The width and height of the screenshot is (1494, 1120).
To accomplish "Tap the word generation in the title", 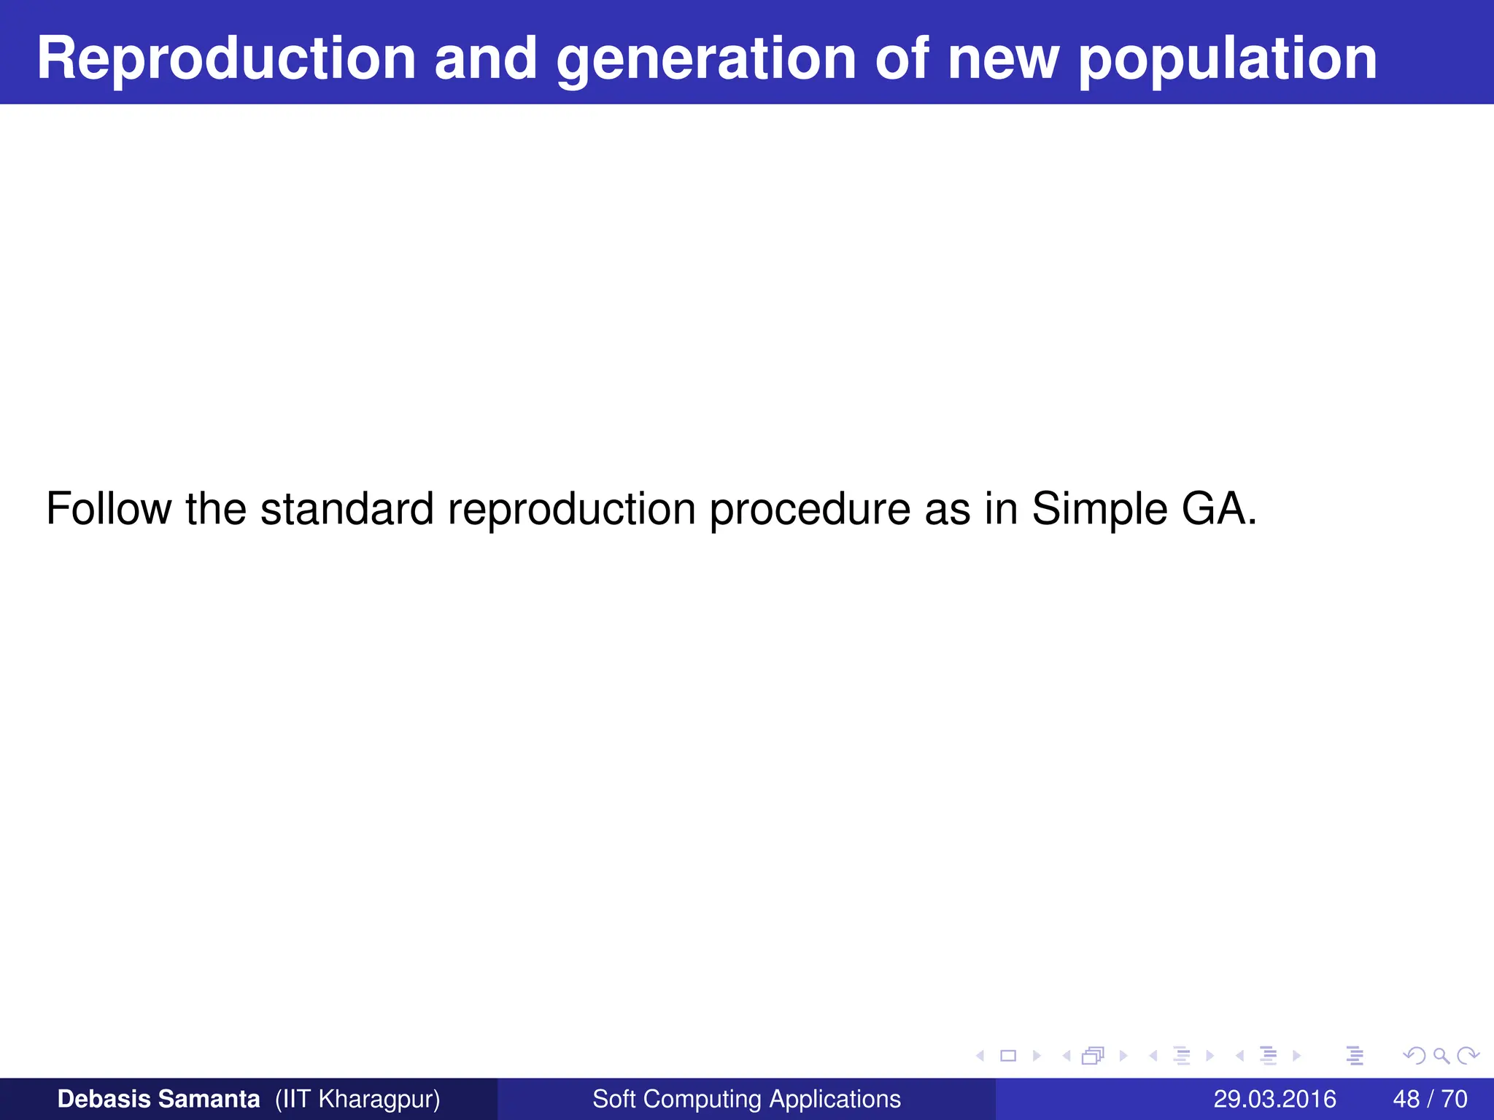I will [706, 60].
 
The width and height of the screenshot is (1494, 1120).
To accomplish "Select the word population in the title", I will [1227, 60].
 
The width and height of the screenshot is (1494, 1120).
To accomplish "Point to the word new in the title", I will [1003, 60].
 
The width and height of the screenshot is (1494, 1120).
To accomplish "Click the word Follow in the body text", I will [108, 508].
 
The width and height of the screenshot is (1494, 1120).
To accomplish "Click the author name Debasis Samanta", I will [158, 1099].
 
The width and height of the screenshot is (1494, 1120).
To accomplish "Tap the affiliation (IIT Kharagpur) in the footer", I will [357, 1099].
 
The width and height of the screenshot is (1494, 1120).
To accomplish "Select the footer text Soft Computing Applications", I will [746, 1099].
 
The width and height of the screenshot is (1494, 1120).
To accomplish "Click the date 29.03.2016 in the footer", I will [1274, 1099].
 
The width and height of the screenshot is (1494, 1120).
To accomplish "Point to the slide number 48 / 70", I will [1430, 1099].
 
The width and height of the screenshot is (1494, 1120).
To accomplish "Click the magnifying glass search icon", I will [1441, 1055].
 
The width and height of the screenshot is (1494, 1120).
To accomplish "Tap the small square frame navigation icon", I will [1008, 1055].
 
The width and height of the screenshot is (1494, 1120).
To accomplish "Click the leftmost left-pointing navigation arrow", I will [980, 1055].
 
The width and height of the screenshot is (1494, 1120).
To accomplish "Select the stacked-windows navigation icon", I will [1093, 1055].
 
